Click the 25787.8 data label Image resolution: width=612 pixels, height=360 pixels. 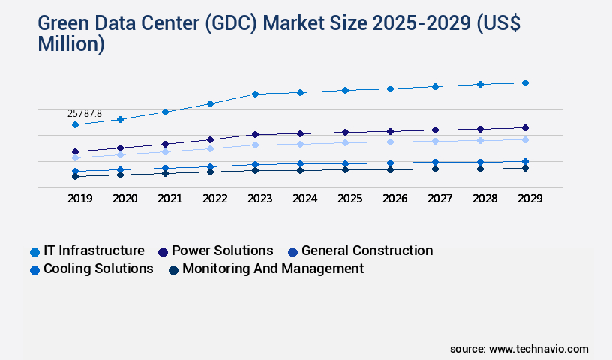(85, 113)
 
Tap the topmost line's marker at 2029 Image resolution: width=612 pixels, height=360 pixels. (525, 82)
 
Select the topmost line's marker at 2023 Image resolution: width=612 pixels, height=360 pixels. (255, 94)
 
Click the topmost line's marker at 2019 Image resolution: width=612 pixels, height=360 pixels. (75, 124)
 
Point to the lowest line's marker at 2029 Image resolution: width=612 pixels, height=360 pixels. (525, 168)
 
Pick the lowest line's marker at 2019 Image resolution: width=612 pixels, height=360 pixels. (75, 176)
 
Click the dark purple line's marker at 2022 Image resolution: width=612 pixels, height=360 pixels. (210, 139)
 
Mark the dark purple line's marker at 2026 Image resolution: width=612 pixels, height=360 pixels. (390, 131)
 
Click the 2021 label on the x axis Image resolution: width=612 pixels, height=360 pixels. (169, 199)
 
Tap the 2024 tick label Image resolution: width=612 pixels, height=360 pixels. (304, 199)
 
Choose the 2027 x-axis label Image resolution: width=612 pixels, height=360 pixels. (439, 199)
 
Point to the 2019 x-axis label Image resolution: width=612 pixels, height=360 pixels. (79, 199)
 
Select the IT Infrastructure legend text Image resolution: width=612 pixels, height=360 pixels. (94, 250)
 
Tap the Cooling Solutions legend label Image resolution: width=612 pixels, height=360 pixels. (98, 268)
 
